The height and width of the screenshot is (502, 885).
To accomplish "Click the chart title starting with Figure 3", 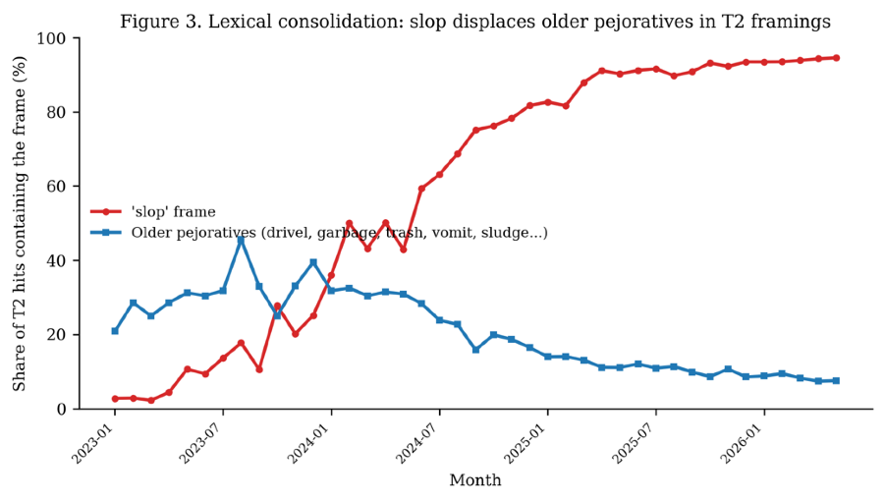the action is pos(475,22).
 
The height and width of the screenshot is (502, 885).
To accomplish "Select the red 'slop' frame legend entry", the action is pos(153,212).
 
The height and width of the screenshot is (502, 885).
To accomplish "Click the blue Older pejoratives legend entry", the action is pos(319,233).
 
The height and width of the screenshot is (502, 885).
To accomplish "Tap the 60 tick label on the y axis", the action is pos(56,187).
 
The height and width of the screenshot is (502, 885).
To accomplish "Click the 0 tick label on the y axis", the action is pos(62,409).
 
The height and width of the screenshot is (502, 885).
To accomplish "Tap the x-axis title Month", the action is pos(475,480).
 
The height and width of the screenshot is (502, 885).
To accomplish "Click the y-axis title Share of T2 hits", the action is pos(20,223).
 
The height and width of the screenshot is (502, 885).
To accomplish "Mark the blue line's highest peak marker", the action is pos(241,240).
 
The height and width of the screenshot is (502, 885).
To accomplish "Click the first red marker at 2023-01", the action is pos(115,399).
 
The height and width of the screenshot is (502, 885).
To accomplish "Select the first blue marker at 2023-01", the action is pos(115,331).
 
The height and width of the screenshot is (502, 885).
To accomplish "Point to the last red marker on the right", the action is pos(837,58).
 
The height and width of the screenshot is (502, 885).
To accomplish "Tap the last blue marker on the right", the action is pos(837,380).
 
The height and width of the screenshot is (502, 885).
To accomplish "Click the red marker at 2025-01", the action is pos(547,102).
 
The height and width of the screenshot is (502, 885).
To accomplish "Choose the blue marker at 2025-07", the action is pos(656,368).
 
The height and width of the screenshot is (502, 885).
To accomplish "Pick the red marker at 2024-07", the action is pos(439,175).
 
